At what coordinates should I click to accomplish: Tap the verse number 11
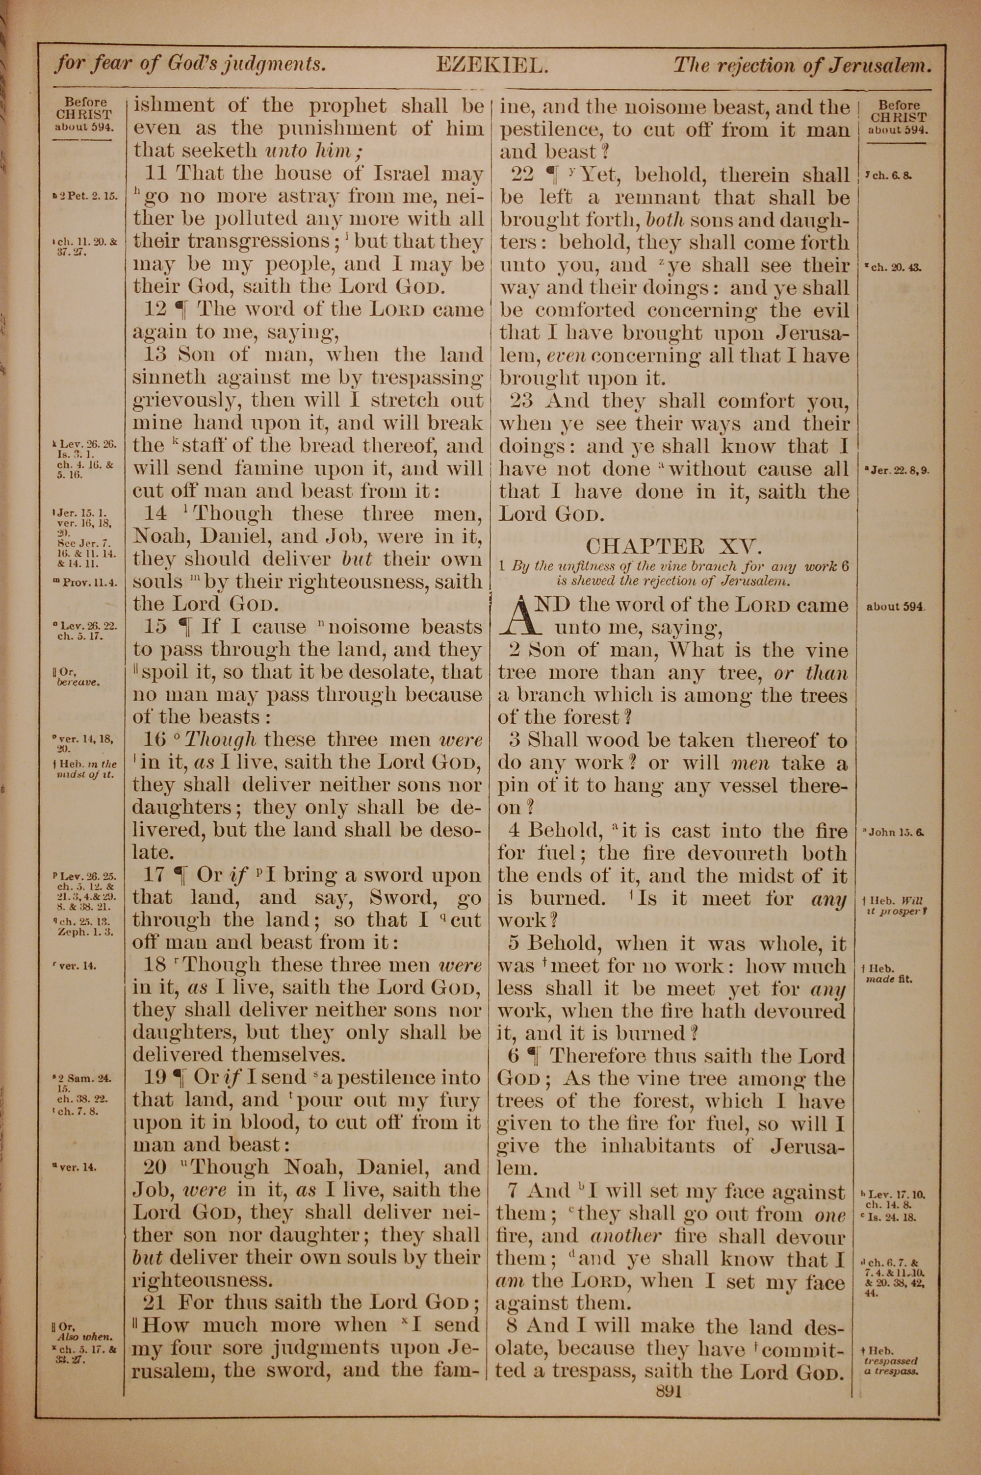156,174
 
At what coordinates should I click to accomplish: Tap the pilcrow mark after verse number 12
181,309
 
